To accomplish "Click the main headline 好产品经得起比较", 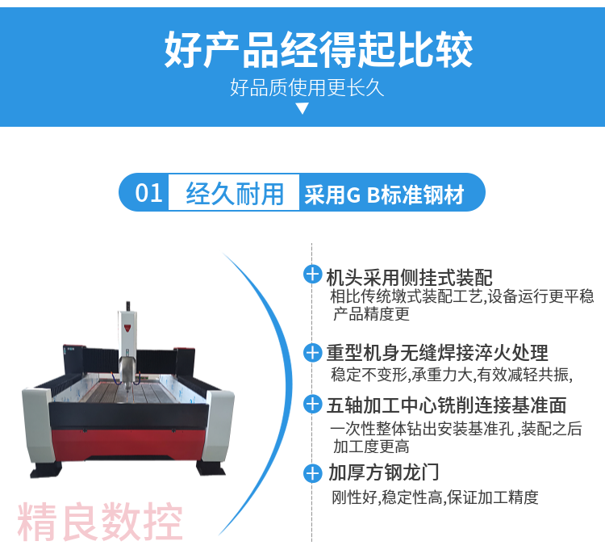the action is pyautogui.click(x=319, y=50).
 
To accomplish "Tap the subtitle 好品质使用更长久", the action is pyautogui.click(x=307, y=88).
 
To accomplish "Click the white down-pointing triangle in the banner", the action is pyautogui.click(x=302, y=108).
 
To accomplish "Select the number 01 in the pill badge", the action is pyautogui.click(x=148, y=193).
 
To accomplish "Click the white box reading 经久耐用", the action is pyautogui.click(x=234, y=192).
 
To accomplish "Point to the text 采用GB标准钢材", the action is pyautogui.click(x=384, y=195).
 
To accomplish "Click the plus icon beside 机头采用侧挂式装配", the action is pyautogui.click(x=312, y=275).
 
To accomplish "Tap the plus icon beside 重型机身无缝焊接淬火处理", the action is pyautogui.click(x=312, y=353).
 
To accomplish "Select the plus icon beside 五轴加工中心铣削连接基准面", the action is pyautogui.click(x=312, y=405).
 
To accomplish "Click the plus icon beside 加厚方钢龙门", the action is pyautogui.click(x=312, y=473).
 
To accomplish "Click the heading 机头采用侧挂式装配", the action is pyautogui.click(x=409, y=277).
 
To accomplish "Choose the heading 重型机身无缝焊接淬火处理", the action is pyautogui.click(x=437, y=353).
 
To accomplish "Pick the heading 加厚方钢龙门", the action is pyautogui.click(x=383, y=472).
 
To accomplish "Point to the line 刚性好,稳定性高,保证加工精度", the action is pyautogui.click(x=435, y=497).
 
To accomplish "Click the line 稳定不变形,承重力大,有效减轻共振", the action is pyautogui.click(x=452, y=375).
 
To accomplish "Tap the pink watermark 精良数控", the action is pyautogui.click(x=100, y=522).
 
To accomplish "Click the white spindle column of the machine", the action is pyautogui.click(x=127, y=340).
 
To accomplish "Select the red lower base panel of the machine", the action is pyautogui.click(x=128, y=443).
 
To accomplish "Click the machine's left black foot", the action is pyautogui.click(x=46, y=470).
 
